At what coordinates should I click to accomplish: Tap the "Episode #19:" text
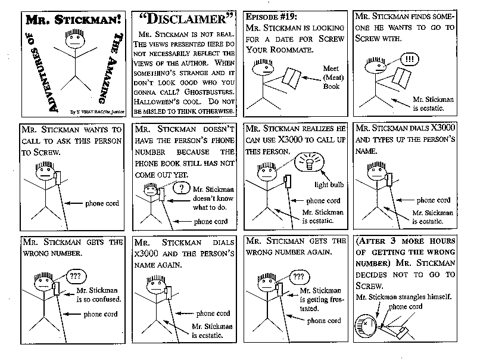click(272, 16)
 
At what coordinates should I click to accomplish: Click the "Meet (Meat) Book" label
click(331, 77)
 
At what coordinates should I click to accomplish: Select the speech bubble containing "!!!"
click(409, 60)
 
